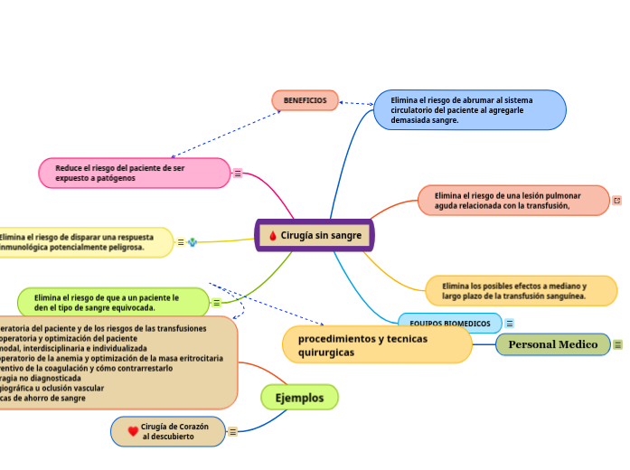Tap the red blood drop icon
[x=273, y=237]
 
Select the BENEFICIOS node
[x=305, y=100]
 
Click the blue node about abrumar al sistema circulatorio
[x=470, y=110]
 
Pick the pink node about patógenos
[x=134, y=174]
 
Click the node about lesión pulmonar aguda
[x=512, y=201]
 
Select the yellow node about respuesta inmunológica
[x=85, y=242]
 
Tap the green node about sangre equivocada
[x=113, y=303]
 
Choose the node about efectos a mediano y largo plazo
[x=521, y=290]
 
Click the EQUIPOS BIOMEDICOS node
[x=449, y=323]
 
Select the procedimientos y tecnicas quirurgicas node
[x=377, y=344]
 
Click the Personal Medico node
[x=552, y=344]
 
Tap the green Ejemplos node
[x=299, y=397]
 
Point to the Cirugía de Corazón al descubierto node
[x=168, y=431]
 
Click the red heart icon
[x=133, y=431]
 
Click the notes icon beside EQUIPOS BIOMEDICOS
[x=510, y=323]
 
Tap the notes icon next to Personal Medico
[x=618, y=344]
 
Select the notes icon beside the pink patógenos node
[x=238, y=174]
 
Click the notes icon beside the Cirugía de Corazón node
[x=232, y=432]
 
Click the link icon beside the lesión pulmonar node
[x=617, y=201]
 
